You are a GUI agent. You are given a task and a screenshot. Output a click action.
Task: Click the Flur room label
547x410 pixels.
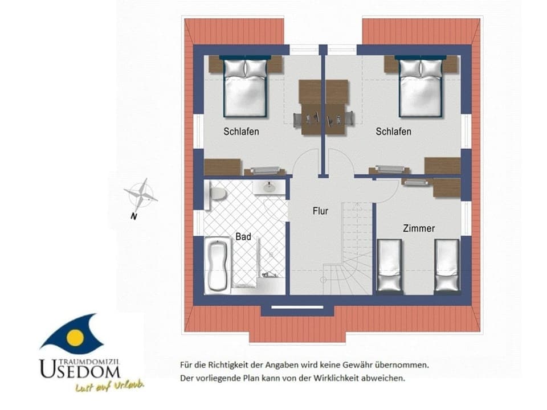tap(321, 211)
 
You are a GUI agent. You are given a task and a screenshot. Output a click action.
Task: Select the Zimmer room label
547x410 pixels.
tap(419, 228)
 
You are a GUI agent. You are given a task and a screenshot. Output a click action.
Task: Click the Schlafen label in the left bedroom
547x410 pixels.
tap(241, 132)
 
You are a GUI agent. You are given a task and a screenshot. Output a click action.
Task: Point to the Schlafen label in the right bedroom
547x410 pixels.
tap(393, 132)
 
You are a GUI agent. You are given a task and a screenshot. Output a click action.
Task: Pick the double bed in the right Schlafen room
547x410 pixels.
tap(421, 87)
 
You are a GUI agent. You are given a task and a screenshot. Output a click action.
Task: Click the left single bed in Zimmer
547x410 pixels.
tap(389, 265)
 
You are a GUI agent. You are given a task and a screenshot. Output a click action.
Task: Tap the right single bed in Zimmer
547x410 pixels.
tap(447, 265)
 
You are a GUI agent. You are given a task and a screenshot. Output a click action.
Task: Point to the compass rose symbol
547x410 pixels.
tap(141, 194)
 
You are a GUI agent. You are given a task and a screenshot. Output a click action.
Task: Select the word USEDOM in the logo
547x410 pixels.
tap(80, 370)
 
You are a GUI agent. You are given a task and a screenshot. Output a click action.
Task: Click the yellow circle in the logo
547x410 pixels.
tap(75, 337)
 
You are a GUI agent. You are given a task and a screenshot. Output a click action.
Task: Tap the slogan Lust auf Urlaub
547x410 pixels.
tap(109, 387)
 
